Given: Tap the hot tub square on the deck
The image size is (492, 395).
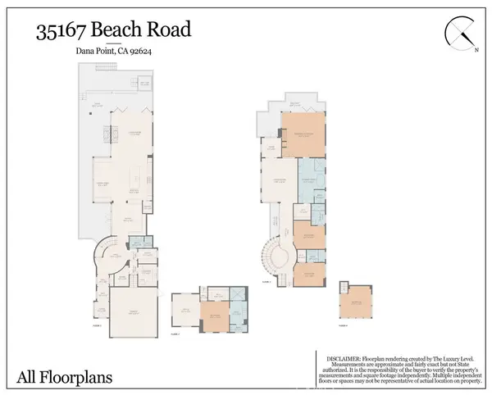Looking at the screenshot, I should (144, 84).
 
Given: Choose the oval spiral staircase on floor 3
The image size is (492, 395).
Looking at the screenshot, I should (276, 259).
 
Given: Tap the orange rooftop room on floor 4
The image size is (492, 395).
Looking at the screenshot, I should (357, 303).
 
